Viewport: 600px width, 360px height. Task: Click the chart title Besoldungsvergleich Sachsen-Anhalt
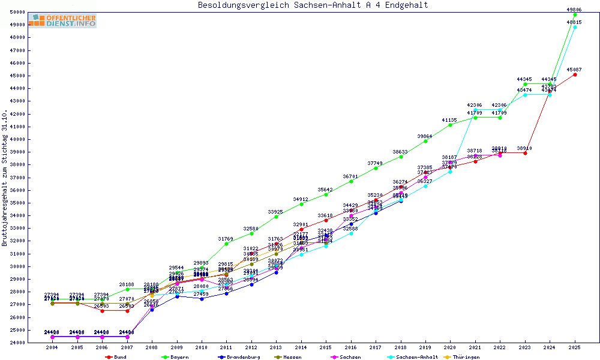coord(313,5)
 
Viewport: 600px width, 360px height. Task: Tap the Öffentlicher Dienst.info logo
coord(62,20)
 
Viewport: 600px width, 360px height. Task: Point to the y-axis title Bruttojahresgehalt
coord(5,178)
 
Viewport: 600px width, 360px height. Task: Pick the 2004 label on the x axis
coord(53,347)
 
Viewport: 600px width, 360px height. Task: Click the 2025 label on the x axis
coord(575,347)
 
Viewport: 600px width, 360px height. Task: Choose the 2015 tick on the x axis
coord(326,347)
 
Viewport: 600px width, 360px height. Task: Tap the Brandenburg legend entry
coord(239,357)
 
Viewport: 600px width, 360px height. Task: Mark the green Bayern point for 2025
coord(575,14)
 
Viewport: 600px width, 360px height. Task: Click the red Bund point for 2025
coord(575,74)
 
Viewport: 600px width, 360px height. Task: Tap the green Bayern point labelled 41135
coord(450,125)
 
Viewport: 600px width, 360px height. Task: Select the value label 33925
coord(276,212)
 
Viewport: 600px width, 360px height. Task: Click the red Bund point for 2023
coord(525,153)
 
